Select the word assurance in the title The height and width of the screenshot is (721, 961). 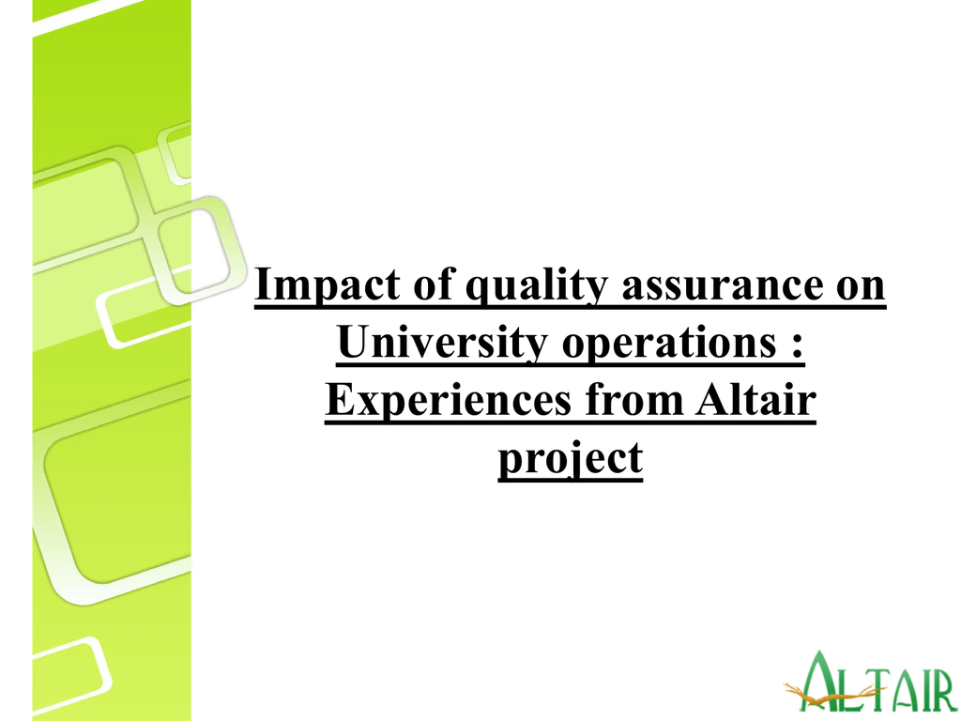pyautogui.click(x=722, y=284)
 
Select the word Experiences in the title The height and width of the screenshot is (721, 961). pyautogui.click(x=449, y=400)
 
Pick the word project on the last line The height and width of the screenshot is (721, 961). pyautogui.click(x=570, y=458)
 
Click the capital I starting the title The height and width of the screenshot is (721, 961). pyautogui.click(x=264, y=284)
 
